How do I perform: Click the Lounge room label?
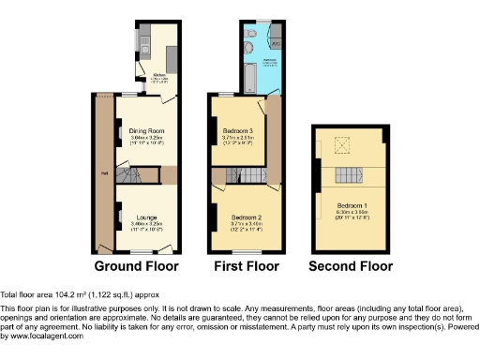146,216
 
